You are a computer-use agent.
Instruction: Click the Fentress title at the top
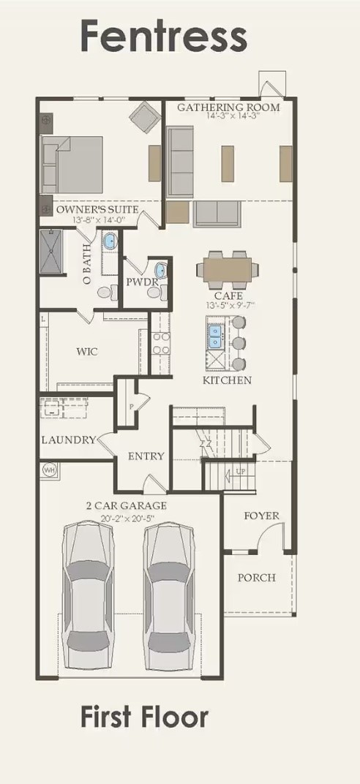tap(163, 35)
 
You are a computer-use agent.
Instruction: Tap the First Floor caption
tap(144, 717)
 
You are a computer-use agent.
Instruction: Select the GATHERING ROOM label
tap(228, 107)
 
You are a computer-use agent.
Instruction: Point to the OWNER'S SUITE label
tap(97, 209)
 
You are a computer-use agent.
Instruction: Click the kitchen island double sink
tap(216, 335)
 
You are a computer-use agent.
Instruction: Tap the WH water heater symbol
tap(50, 469)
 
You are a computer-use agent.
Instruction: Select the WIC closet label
tap(87, 351)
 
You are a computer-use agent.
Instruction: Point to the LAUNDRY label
tap(68, 440)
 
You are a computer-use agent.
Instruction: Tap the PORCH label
tap(257, 577)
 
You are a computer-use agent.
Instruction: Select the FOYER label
tap(261, 516)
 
